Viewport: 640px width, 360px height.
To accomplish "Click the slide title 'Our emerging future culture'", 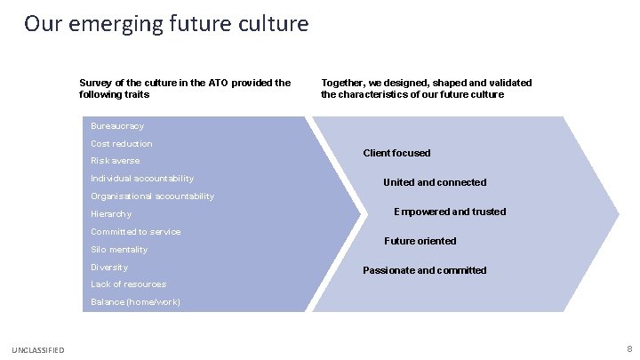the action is tap(166, 23).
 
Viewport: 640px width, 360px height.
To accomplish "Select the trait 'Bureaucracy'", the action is tap(117, 126).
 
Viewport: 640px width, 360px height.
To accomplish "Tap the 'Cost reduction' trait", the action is tap(122, 144).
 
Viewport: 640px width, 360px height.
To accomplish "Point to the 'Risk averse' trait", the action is tap(116, 161).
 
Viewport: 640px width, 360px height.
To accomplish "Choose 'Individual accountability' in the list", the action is tap(142, 179).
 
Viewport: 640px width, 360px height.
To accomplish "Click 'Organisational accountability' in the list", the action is tap(152, 196).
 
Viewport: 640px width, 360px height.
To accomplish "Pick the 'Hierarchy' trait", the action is tap(111, 214).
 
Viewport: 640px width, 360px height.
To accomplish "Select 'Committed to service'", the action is tap(135, 232).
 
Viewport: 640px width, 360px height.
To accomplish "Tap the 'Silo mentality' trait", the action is tap(119, 250).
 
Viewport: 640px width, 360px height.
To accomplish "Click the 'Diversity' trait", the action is tap(109, 268).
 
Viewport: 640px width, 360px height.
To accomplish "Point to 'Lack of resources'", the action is tap(128, 284).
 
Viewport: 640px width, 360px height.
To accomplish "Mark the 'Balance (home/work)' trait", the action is tap(135, 302).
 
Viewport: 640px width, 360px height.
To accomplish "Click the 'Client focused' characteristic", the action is tap(396, 153).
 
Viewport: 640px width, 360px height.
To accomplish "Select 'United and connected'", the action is tap(435, 182).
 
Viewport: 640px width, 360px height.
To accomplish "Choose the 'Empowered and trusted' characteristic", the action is tap(450, 212).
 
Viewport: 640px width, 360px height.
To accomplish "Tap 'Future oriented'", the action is tap(420, 241).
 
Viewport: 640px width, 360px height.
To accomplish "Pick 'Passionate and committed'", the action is tap(424, 270).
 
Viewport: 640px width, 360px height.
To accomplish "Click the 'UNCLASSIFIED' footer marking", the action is tap(38, 351).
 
